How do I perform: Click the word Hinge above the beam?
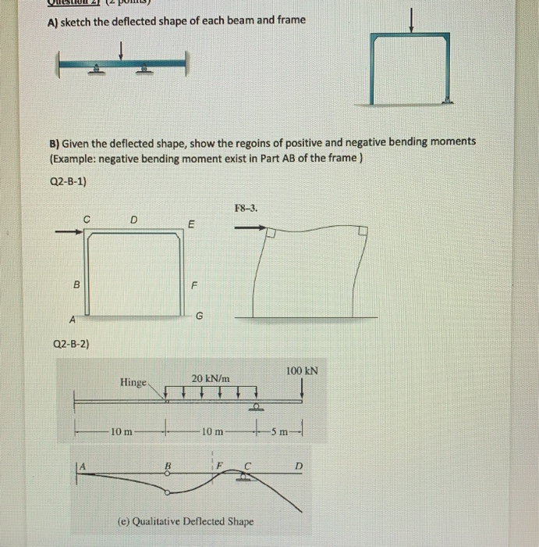[133, 382]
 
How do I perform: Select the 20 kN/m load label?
[211, 378]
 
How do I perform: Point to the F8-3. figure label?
[246, 209]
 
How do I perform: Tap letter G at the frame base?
[199, 316]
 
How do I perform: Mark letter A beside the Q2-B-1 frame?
[72, 318]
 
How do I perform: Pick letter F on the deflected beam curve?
[220, 467]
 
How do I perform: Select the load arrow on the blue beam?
[121, 51]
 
